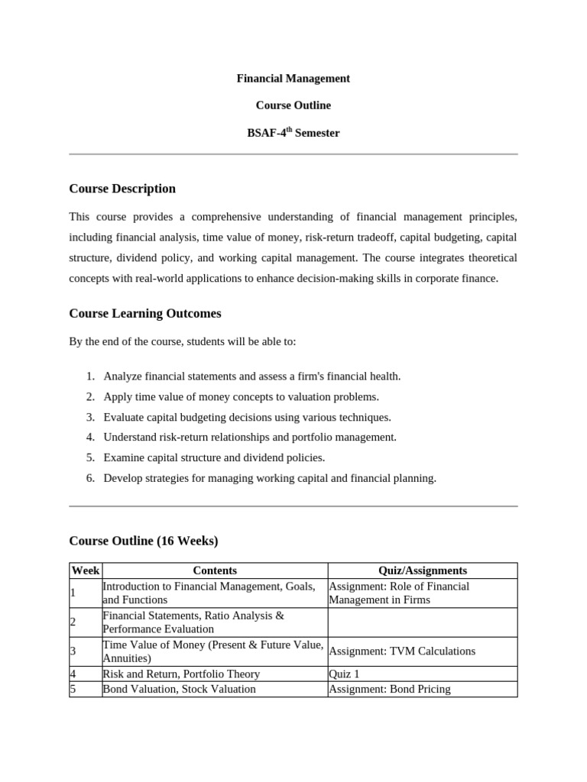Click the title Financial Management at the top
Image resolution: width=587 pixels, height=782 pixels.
[x=293, y=78]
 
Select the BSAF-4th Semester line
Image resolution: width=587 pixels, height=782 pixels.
[x=293, y=133]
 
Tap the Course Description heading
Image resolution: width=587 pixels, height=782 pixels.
[x=122, y=189]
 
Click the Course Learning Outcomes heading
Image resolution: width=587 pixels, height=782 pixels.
[x=145, y=313]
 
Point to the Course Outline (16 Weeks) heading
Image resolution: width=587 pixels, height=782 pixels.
[x=144, y=541]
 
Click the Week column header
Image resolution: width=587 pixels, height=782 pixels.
[x=86, y=570]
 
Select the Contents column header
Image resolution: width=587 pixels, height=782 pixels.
[x=215, y=570]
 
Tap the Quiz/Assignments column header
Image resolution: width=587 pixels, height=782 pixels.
[x=423, y=570]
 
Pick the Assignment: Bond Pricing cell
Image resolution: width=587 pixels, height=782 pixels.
[x=390, y=689]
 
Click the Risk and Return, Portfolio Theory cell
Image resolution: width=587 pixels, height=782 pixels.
[x=181, y=674]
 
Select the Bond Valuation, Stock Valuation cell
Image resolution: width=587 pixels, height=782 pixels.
[x=180, y=689]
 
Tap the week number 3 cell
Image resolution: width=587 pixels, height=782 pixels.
[x=73, y=651]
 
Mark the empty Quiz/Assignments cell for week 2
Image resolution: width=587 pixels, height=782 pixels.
[x=423, y=622]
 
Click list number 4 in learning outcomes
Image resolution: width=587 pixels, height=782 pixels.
[x=89, y=438]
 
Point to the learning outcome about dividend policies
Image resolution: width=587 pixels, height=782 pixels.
[x=214, y=457]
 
